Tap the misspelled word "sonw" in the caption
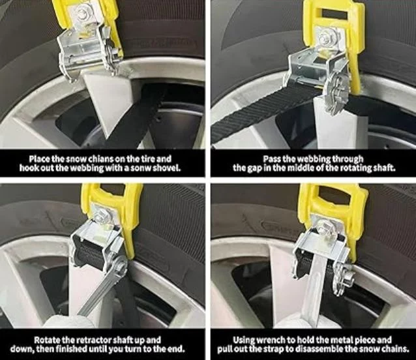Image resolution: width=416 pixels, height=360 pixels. point(141,168)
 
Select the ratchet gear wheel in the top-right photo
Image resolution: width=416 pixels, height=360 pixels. point(333,93)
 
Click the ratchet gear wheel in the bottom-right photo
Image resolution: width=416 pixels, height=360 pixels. point(341,278)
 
